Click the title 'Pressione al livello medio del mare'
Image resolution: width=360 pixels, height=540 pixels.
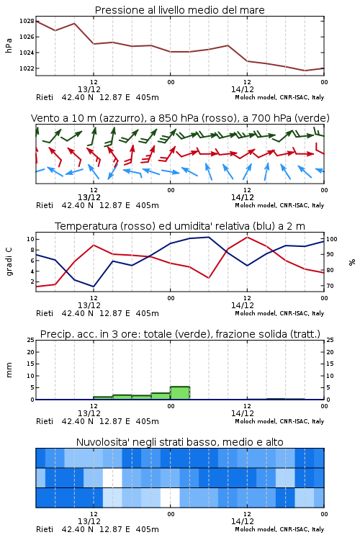179,10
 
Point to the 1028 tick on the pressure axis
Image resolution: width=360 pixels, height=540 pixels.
27,21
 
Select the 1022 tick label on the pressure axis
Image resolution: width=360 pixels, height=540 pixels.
27,68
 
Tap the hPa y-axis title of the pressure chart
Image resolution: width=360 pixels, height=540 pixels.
9,45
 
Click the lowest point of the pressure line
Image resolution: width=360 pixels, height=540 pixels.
305,71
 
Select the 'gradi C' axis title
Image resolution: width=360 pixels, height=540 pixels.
9,262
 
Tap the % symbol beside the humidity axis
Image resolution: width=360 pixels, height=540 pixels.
352,262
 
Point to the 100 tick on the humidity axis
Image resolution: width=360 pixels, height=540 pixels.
332,239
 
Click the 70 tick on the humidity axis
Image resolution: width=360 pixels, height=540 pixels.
330,286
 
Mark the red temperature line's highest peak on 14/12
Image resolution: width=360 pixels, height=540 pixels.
247,237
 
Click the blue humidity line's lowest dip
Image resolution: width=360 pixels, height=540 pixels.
94,287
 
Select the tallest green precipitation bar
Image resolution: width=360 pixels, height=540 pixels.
180,393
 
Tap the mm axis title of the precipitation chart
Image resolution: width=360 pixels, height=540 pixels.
9,369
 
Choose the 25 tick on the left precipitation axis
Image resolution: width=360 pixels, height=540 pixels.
31,340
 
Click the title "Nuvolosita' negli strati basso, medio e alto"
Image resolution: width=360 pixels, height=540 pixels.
179,442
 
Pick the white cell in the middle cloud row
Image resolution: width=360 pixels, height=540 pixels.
112,477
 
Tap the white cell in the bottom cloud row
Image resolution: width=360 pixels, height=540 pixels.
170,498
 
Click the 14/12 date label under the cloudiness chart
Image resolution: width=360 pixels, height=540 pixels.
242,521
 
